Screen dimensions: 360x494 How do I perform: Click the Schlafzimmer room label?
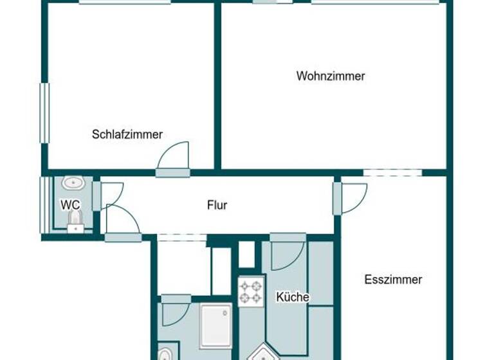point(127,134)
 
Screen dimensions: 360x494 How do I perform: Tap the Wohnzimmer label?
point(331,76)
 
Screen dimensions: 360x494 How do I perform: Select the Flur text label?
point(217,206)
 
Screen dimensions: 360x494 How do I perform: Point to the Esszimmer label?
point(393,280)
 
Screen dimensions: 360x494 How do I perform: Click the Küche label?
point(293,297)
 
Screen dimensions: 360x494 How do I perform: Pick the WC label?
point(70,205)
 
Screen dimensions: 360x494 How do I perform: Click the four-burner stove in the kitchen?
point(251,291)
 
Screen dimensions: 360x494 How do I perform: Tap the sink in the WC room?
point(73,183)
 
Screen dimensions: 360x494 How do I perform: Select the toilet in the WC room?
point(75,224)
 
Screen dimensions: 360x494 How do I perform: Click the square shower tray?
point(215,325)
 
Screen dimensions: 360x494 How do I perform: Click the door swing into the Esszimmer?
point(352,197)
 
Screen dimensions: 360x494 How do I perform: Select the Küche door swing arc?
point(286,255)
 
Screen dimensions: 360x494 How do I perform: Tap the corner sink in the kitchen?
point(263,354)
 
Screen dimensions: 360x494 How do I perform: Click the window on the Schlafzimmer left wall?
point(44,113)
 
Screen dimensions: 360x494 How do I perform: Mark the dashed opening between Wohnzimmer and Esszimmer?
point(392,172)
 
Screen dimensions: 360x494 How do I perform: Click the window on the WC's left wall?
point(44,205)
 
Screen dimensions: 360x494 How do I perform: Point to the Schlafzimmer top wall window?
point(125,2)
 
